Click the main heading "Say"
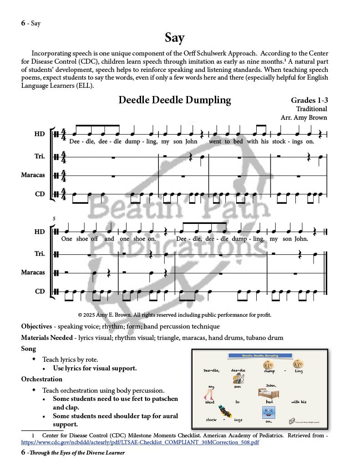(x=175, y=38)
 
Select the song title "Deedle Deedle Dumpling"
(x=175, y=100)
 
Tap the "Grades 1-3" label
(x=309, y=100)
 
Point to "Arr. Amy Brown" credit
(x=304, y=117)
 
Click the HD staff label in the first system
(x=40, y=134)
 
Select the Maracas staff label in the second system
(x=33, y=272)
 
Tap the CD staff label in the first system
(x=40, y=194)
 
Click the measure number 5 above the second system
(x=54, y=219)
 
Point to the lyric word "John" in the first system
(x=191, y=141)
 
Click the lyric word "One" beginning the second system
(x=66, y=238)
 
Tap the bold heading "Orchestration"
(x=42, y=379)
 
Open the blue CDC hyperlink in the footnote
(x=140, y=442)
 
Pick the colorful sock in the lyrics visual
(x=225, y=411)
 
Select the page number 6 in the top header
(x=23, y=23)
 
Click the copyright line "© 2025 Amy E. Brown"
(x=174, y=314)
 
